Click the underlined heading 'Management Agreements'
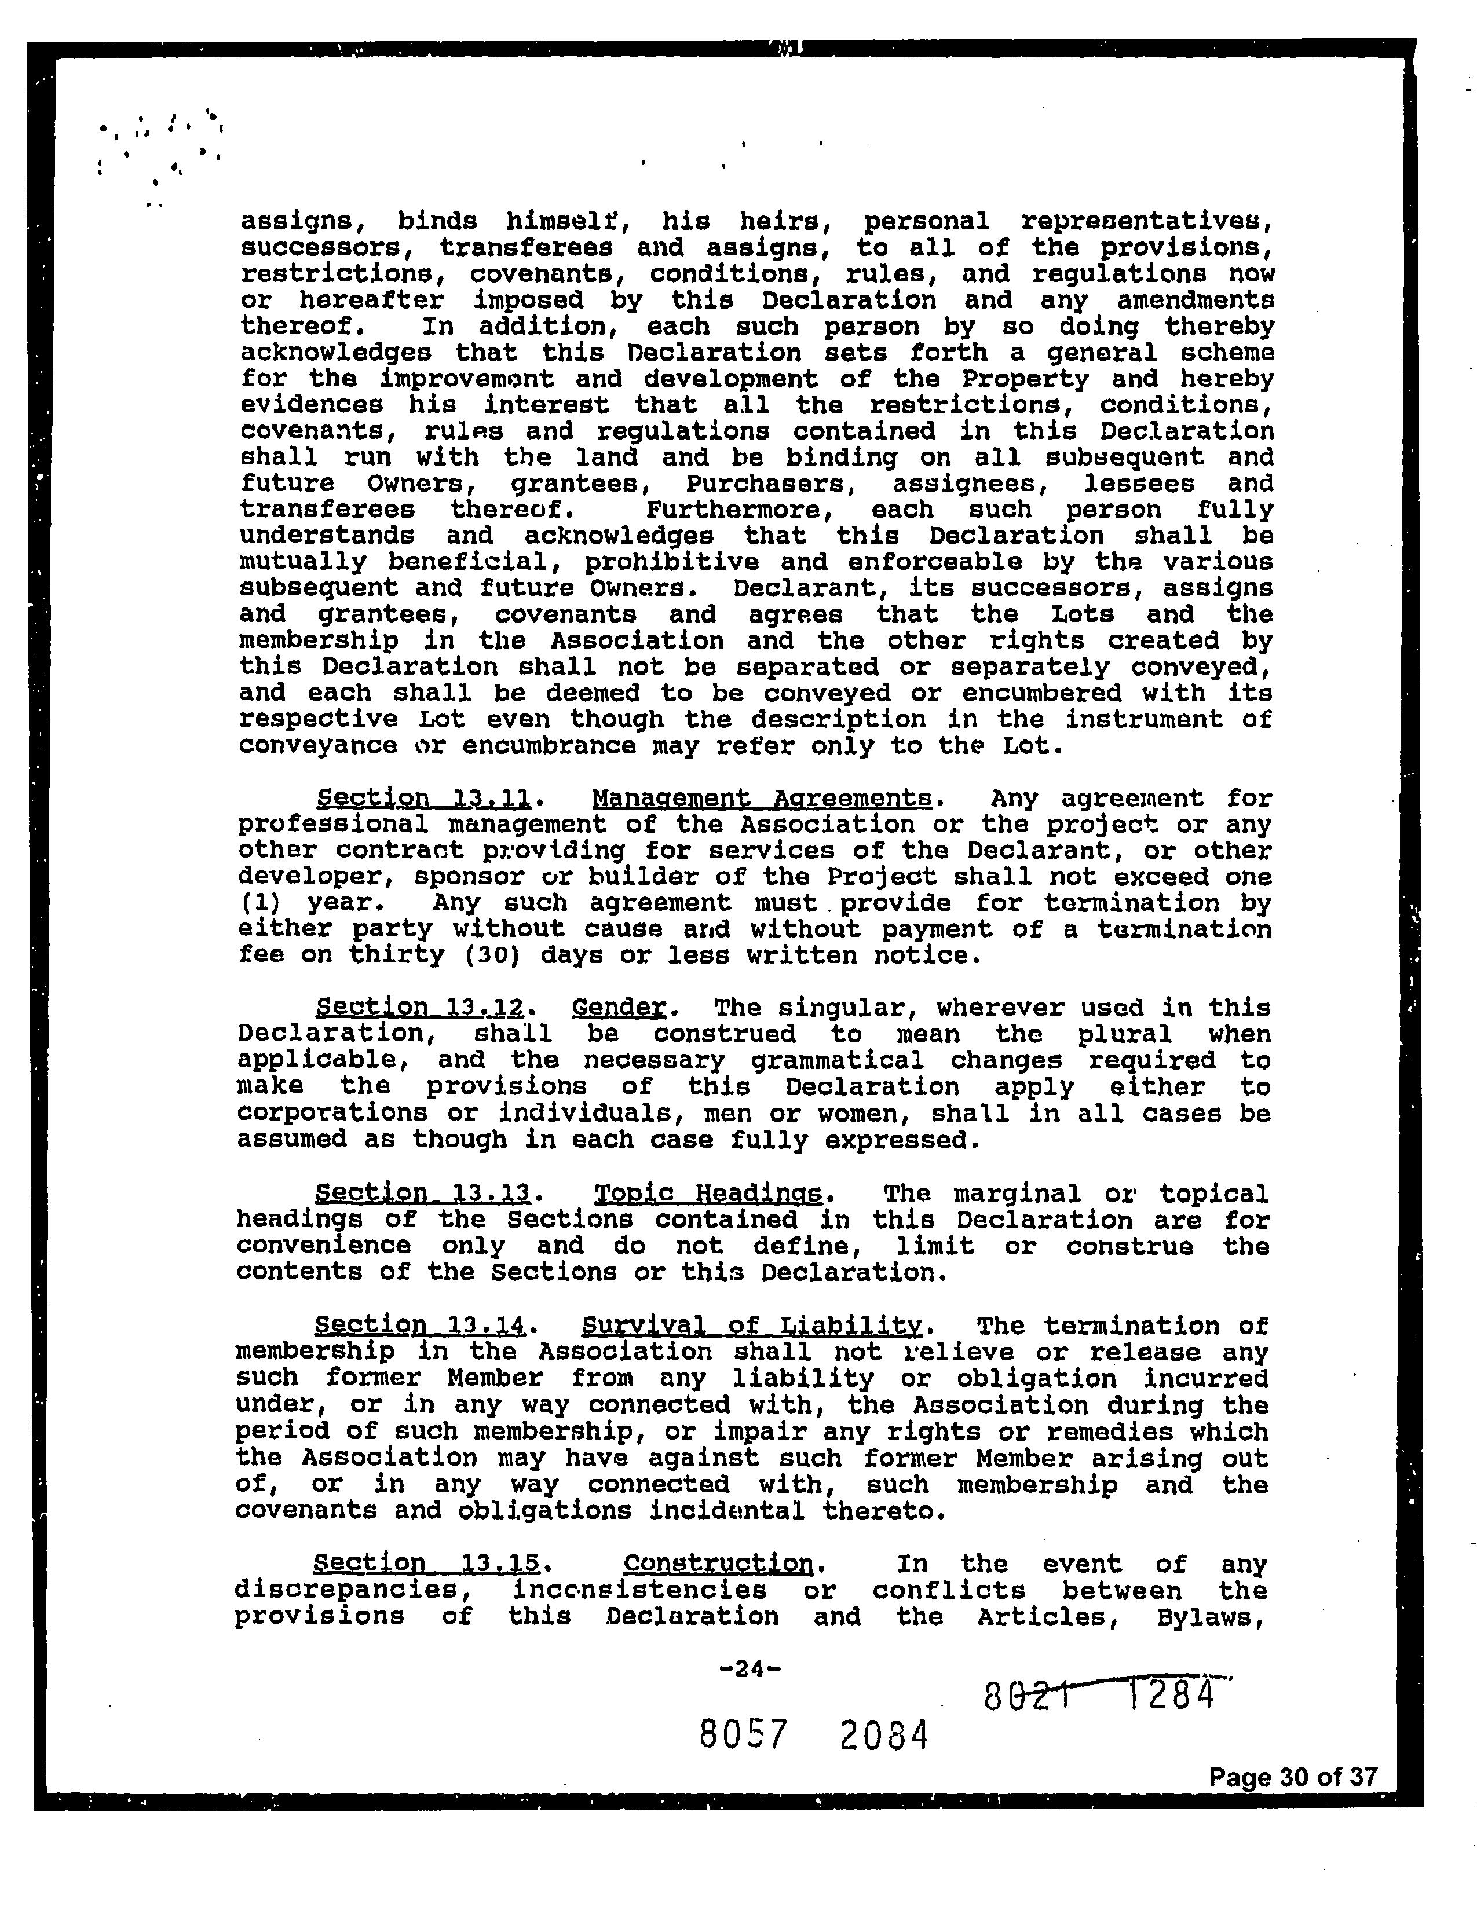click(x=761, y=798)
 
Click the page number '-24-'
click(x=748, y=1668)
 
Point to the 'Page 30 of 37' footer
click(x=1292, y=1777)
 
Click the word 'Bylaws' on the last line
click(x=1211, y=1616)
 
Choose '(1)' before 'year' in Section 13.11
click(x=254, y=903)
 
